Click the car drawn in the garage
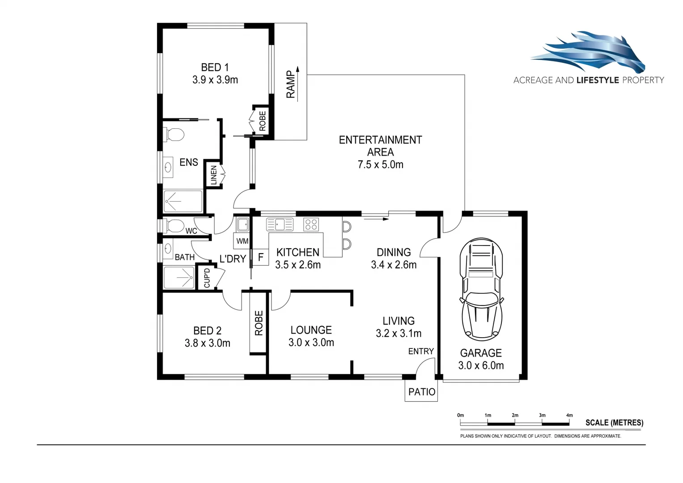click(x=481, y=289)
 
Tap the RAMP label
click(x=291, y=84)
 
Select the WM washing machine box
click(x=242, y=241)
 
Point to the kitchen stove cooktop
click(x=311, y=224)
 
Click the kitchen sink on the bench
click(x=280, y=224)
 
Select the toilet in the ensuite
click(x=174, y=134)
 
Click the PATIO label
click(x=421, y=392)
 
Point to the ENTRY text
click(x=421, y=352)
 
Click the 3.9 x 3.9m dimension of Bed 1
click(x=215, y=80)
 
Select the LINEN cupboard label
click(x=213, y=174)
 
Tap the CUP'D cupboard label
click(x=207, y=278)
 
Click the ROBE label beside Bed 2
click(x=259, y=323)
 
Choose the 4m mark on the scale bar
click(x=569, y=415)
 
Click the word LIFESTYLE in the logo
click(x=598, y=80)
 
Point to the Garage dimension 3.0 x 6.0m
click(x=481, y=366)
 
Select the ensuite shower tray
click(x=182, y=201)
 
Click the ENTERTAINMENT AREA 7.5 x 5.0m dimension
click(x=380, y=165)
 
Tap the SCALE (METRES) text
click(x=614, y=423)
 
